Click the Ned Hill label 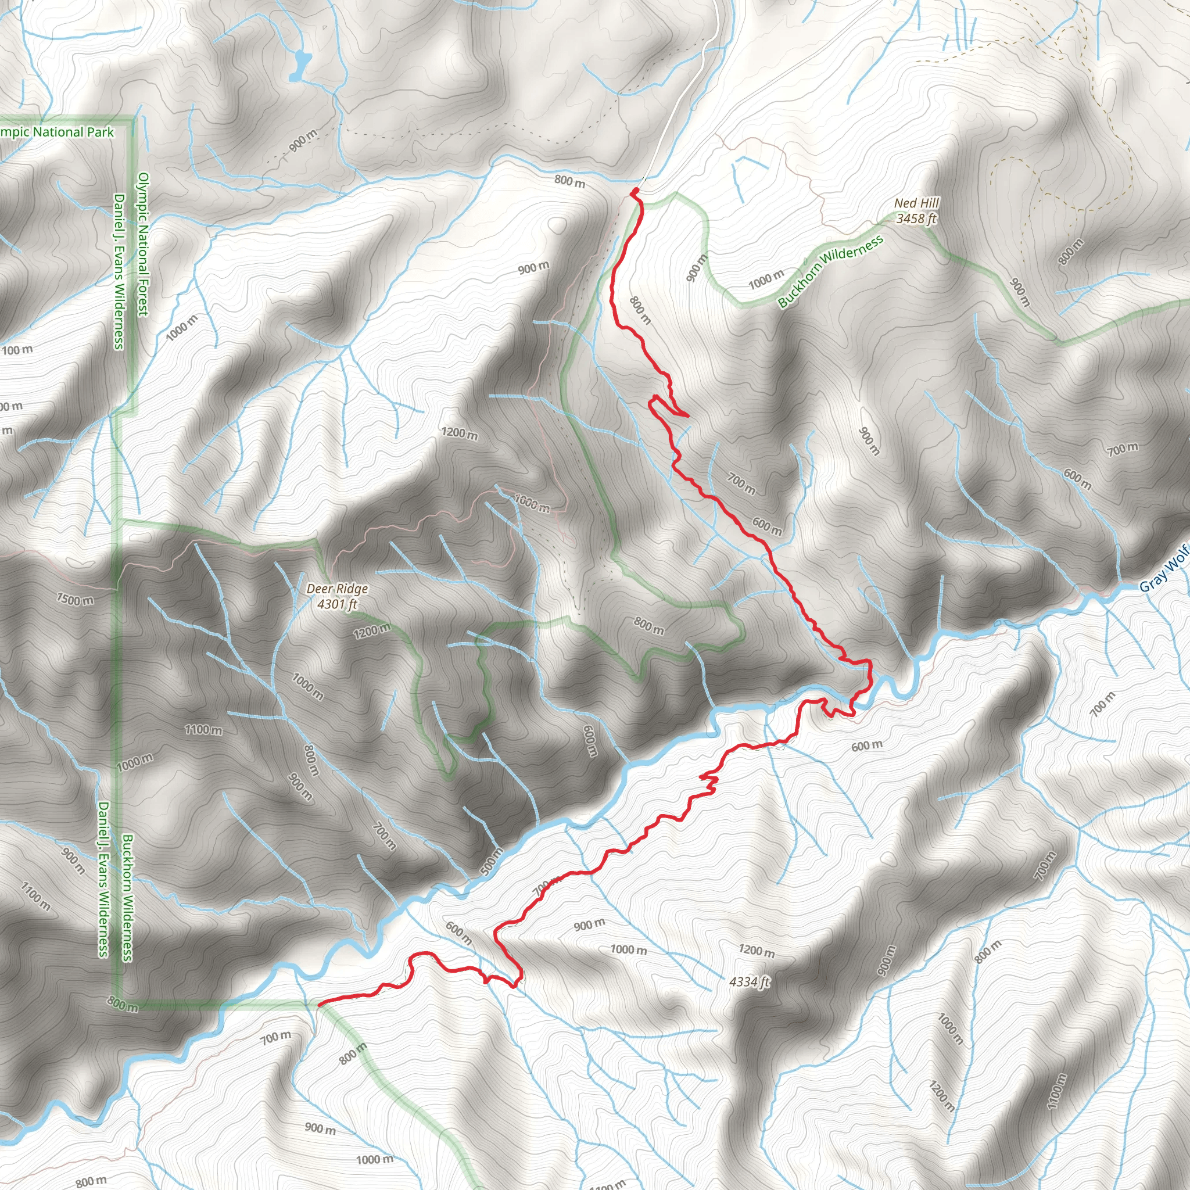(x=916, y=203)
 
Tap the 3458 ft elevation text (x=916, y=218)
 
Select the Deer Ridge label (x=337, y=589)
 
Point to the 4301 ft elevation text (x=337, y=604)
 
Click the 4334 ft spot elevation (x=749, y=982)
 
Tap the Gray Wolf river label (x=1163, y=575)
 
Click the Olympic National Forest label (x=143, y=244)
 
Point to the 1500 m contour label (x=75, y=598)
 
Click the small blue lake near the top (x=300, y=65)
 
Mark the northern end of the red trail (x=634, y=192)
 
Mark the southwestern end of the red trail (x=318, y=1005)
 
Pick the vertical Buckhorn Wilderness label (x=127, y=898)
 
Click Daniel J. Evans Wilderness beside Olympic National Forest (x=119, y=271)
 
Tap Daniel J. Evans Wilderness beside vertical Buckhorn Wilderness (x=103, y=880)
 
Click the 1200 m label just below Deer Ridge (x=371, y=630)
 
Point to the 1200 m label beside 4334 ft (x=757, y=951)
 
